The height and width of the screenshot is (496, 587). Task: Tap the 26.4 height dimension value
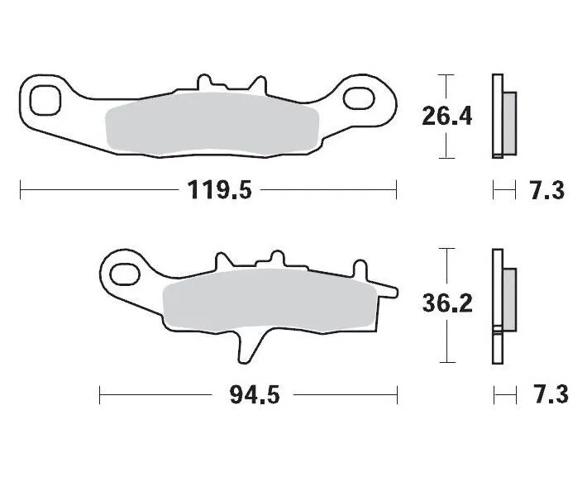pos(446,117)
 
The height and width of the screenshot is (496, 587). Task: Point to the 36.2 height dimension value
pos(446,305)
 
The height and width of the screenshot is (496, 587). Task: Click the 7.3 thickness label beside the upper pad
pos(546,191)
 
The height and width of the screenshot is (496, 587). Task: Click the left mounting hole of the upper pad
pos(45,100)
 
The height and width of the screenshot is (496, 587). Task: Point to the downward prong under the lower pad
pos(246,347)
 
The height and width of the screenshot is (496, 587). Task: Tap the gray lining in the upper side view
pos(509,122)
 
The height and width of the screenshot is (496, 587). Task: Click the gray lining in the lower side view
pos(508,298)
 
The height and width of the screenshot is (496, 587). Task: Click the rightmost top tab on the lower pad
pos(360,269)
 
